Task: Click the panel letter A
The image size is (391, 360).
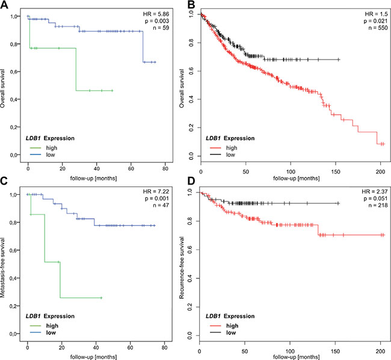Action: (x=5, y=5)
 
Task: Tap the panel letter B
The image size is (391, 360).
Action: (x=197, y=5)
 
